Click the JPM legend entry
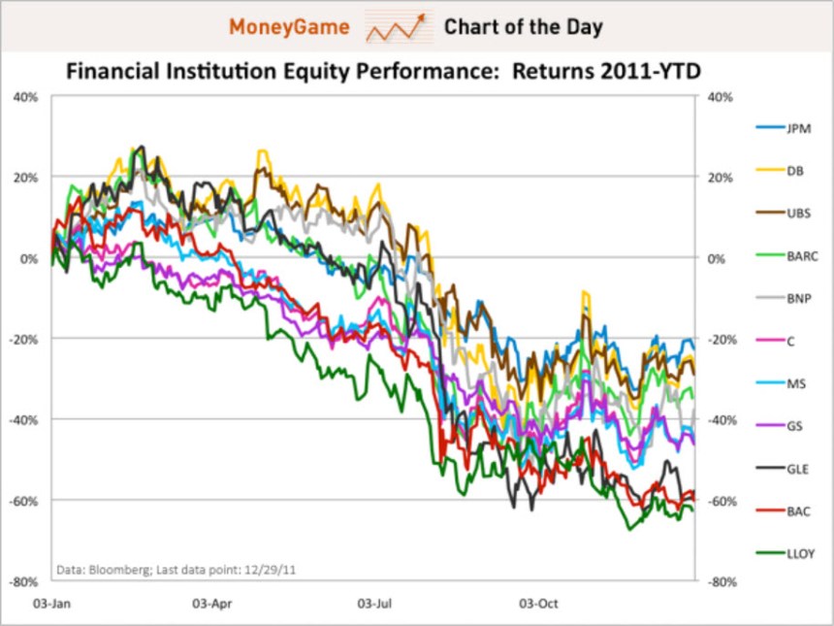[x=786, y=128]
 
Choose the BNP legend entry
[x=786, y=297]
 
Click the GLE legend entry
[x=786, y=468]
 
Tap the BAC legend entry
[x=786, y=511]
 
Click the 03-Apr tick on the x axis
[x=212, y=602]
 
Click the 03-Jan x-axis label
[x=51, y=602]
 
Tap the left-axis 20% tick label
[x=25, y=178]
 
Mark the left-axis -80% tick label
[x=25, y=581]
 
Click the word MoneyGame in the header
[x=288, y=26]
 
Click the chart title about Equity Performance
[x=382, y=72]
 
